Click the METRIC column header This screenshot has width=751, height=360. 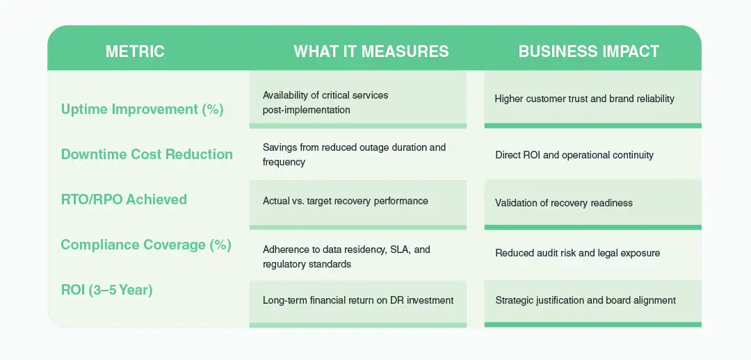135,51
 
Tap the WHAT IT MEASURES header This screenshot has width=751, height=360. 371,51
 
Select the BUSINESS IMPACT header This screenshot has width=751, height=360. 588,51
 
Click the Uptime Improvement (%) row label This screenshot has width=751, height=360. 142,109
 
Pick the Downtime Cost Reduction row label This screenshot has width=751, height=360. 147,154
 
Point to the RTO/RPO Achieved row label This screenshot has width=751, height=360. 124,199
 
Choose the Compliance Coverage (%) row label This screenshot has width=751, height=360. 146,245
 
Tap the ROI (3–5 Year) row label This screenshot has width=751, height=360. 106,290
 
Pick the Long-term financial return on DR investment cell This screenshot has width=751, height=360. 357,300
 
